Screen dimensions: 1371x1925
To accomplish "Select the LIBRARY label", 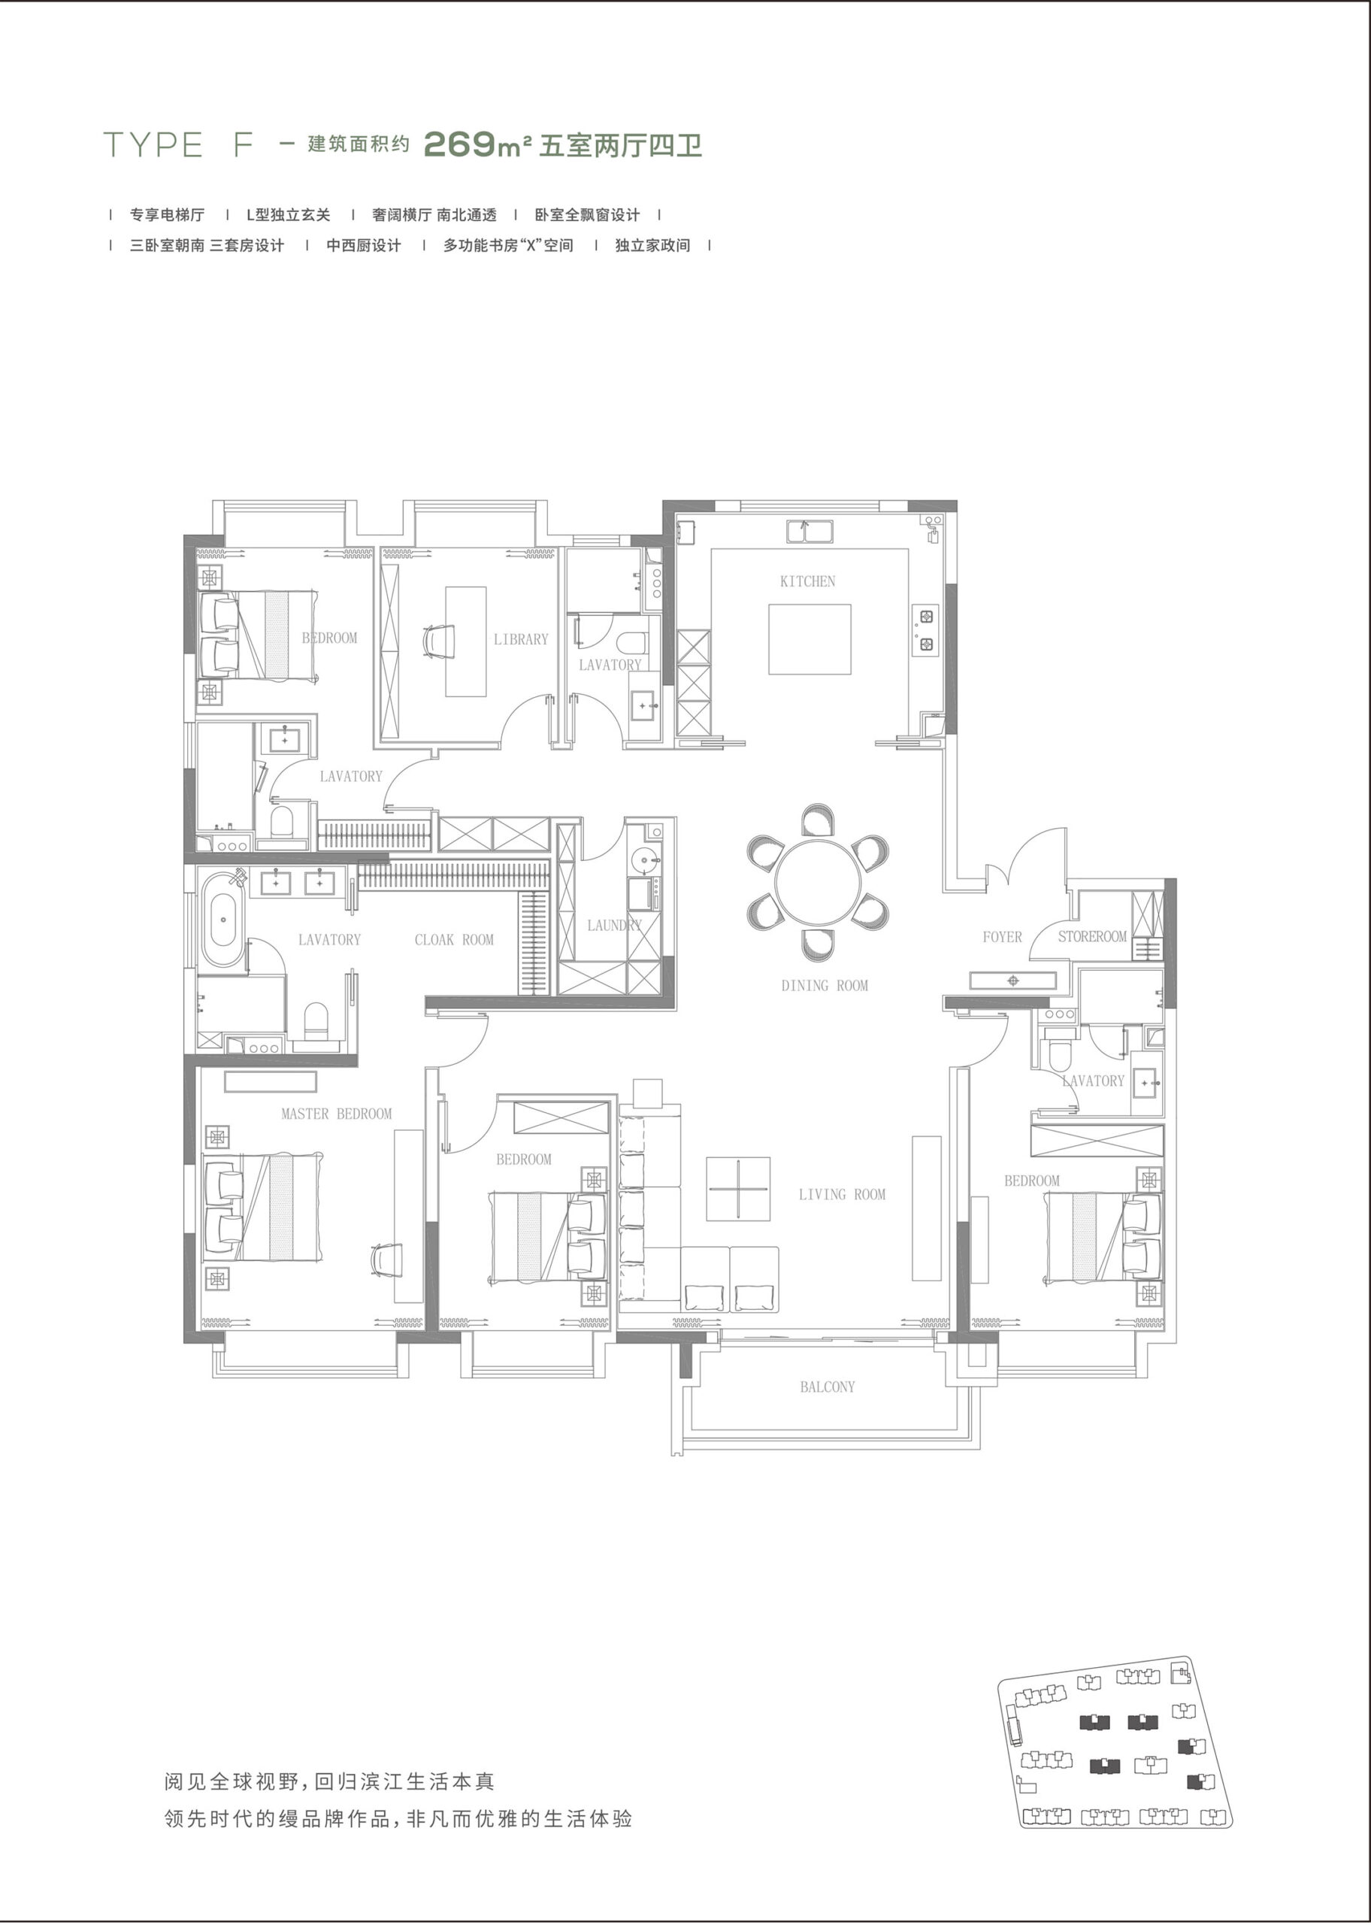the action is [521, 639].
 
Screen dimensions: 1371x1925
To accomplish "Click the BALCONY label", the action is [828, 1387].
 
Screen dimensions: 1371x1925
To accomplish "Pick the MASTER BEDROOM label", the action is [337, 1114].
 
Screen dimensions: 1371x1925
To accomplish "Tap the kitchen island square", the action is [809, 639].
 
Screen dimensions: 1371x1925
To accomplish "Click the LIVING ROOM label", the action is [842, 1194].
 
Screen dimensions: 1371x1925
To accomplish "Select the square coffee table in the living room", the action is [738, 1189].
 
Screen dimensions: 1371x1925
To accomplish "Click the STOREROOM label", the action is [1092, 936].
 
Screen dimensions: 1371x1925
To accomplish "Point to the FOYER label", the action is [1002, 936].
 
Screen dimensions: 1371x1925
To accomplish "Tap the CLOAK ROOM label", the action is [454, 940].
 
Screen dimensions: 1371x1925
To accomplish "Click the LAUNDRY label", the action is [615, 926].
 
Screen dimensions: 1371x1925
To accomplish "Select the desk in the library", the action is [466, 641].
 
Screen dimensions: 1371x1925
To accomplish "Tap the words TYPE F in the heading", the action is [178, 145].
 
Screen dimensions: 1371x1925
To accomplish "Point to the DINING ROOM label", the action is [824, 985].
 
